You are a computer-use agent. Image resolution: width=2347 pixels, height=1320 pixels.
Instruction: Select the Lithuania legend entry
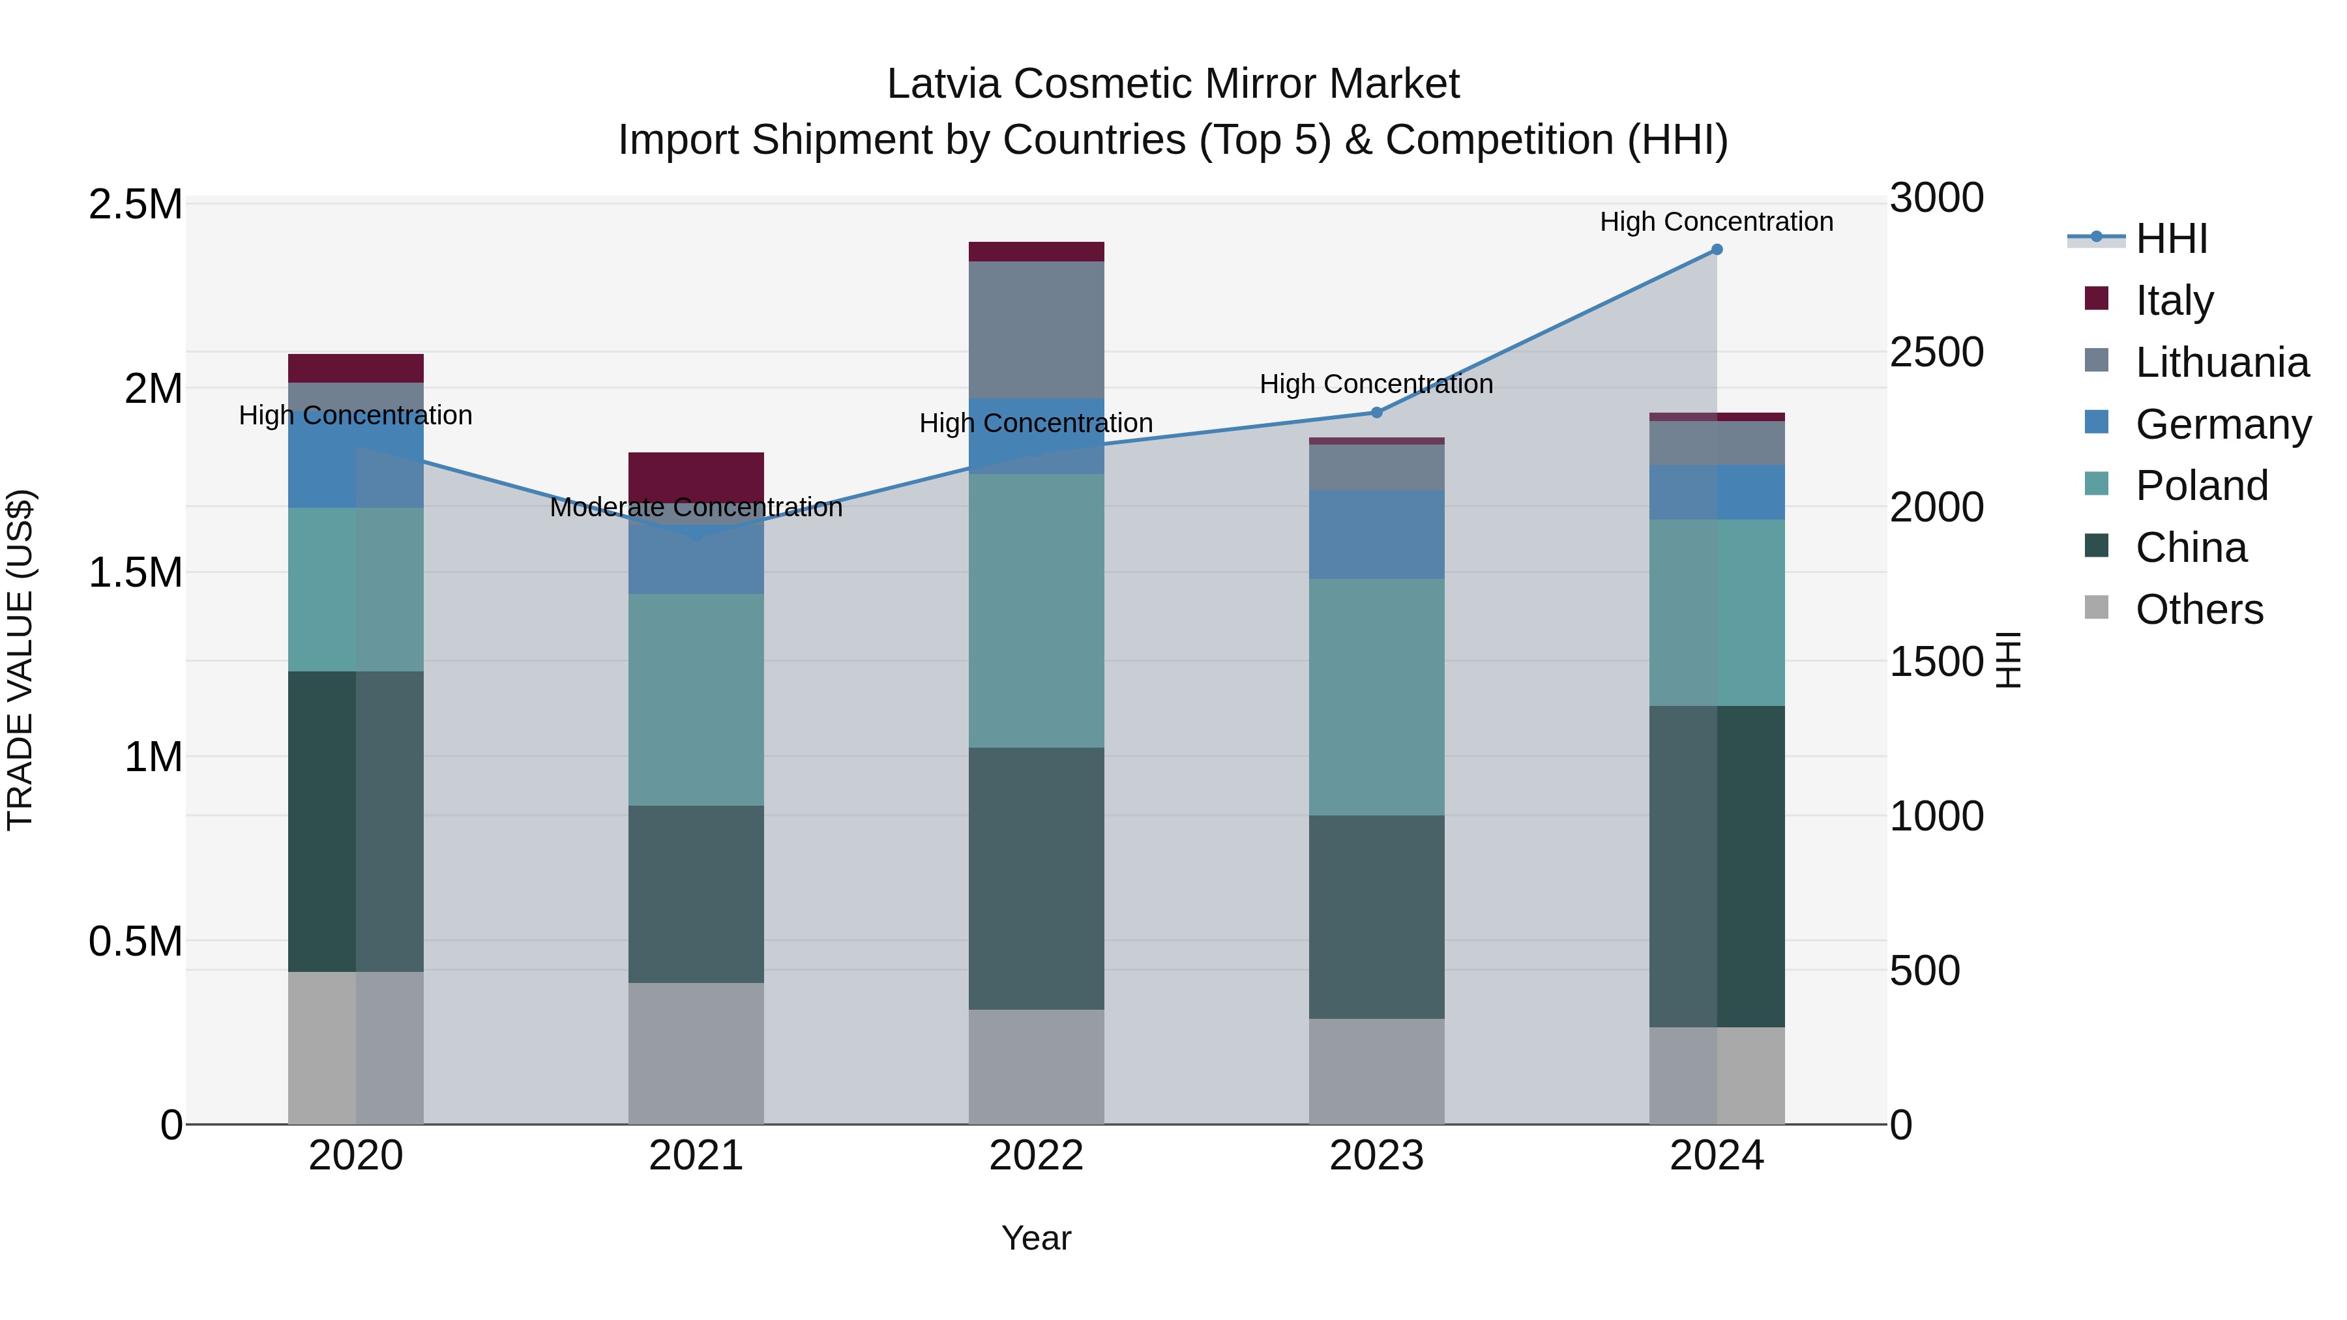(2221, 362)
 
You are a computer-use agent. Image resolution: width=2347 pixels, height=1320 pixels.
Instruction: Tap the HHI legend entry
(2170, 239)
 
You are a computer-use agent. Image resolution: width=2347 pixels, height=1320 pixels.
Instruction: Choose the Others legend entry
(2198, 609)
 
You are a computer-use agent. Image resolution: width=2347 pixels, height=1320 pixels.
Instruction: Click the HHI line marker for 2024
(1717, 250)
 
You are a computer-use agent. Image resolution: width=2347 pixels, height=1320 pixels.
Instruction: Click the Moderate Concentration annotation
(696, 507)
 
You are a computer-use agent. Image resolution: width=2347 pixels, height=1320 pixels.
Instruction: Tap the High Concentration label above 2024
(1717, 222)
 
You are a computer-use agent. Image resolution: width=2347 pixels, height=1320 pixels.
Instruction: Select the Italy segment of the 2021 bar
(696, 477)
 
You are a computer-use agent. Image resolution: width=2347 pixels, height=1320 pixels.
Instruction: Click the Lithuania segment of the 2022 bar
(1036, 330)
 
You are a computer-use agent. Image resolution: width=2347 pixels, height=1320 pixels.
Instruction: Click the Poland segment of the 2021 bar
(696, 699)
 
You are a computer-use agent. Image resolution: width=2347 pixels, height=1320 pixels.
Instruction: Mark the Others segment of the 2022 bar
(1036, 1066)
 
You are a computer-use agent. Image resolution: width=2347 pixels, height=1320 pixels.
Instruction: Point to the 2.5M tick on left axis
(135, 205)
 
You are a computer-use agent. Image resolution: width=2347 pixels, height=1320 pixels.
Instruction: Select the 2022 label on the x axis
(1036, 1156)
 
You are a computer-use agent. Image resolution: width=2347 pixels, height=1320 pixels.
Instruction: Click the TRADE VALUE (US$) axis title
(20, 660)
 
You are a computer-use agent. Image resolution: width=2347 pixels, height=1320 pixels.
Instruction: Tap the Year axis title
(1036, 1238)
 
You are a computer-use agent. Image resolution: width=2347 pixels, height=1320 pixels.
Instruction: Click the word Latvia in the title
(944, 84)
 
